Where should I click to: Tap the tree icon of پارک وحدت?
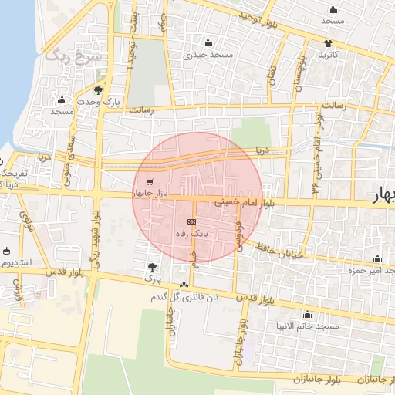pyautogui.click(x=98, y=89)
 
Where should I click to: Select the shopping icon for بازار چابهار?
pyautogui.click(x=149, y=182)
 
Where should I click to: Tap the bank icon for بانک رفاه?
pyautogui.click(x=191, y=221)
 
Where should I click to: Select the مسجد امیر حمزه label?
pyautogui.click(x=370, y=271)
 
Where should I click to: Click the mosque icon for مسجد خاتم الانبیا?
pyautogui.click(x=308, y=315)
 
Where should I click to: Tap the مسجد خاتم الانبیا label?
pyautogui.click(x=312, y=326)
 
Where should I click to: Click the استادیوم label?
pyautogui.click(x=16, y=262)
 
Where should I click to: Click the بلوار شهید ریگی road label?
pyautogui.click(x=95, y=235)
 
